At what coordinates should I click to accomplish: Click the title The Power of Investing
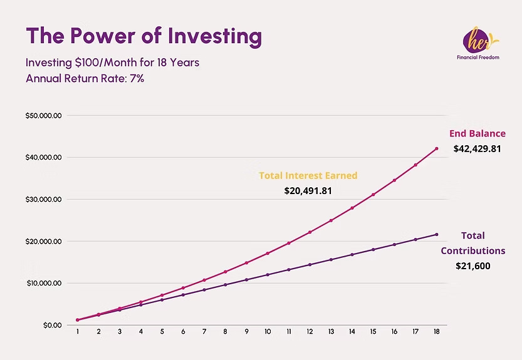144,36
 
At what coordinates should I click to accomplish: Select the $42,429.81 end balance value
477,149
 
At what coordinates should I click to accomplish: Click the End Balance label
477,133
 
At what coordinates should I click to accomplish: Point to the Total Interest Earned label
308,175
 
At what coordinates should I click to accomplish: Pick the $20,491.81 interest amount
308,190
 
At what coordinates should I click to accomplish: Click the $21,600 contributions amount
472,265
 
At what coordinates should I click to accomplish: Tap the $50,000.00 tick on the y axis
43,116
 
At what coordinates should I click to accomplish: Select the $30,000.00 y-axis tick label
43,200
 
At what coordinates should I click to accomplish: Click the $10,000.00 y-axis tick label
43,284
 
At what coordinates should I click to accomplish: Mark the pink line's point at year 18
437,148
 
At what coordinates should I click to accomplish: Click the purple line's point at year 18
437,234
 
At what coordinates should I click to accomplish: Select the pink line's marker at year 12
310,232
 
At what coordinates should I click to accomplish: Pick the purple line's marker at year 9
246,280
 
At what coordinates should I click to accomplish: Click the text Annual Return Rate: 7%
85,79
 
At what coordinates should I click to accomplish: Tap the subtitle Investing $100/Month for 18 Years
113,63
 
